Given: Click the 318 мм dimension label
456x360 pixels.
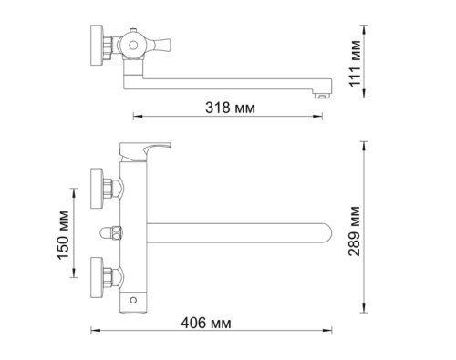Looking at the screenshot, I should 230,108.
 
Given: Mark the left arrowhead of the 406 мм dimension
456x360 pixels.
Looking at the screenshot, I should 93,334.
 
